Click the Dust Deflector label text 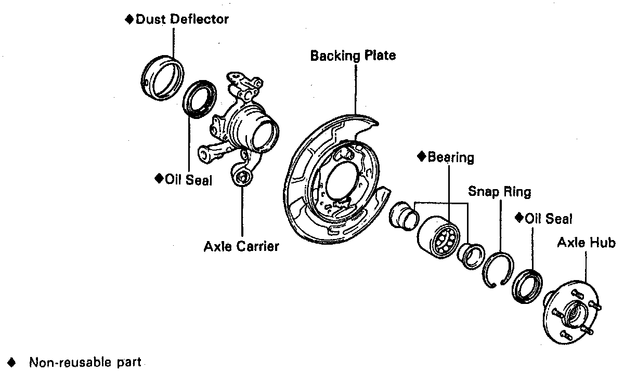pos(182,20)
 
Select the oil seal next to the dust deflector pos(199,98)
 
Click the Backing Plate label pos(353,55)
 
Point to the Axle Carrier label pos(241,246)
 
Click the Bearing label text pos(450,157)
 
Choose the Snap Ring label pos(500,192)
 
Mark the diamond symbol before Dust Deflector pos(130,20)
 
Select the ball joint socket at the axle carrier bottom pos(242,179)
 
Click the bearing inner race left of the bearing pos(402,213)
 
